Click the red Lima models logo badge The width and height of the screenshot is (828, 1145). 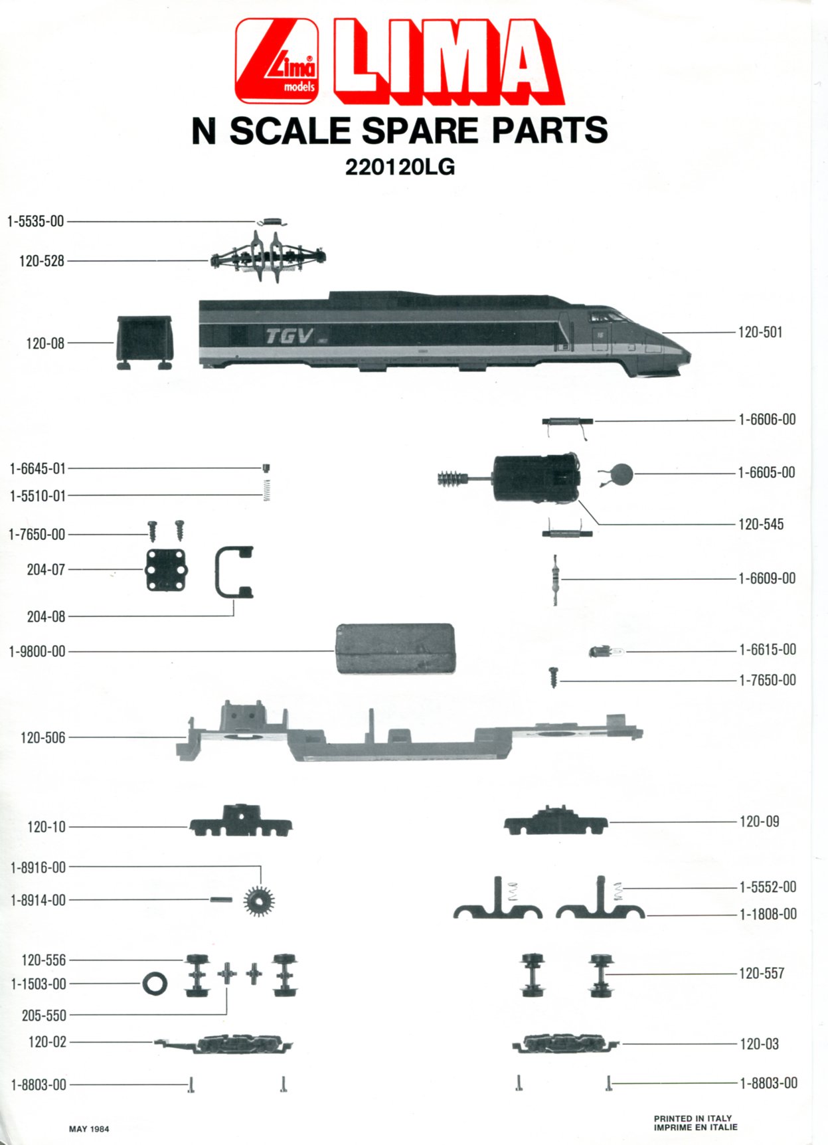tap(277, 61)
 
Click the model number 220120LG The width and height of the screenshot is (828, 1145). tap(400, 167)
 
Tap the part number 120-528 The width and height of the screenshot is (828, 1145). tap(42, 261)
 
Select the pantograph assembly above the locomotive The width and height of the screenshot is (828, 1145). tap(268, 256)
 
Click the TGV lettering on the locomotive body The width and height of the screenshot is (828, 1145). tap(290, 336)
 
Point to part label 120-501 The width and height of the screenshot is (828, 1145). tap(760, 332)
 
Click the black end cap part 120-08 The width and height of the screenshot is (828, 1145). tap(145, 342)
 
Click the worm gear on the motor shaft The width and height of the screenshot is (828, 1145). tap(450, 478)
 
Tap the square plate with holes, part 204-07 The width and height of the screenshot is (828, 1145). tap(166, 570)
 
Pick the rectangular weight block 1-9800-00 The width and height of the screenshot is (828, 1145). tap(396, 648)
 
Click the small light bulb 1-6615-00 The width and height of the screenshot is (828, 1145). tap(606, 652)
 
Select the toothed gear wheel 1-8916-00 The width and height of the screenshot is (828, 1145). tap(259, 901)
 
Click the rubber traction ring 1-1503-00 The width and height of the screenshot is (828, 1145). tap(155, 984)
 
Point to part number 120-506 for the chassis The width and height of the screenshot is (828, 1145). tap(43, 738)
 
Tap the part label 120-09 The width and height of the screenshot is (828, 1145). tap(760, 822)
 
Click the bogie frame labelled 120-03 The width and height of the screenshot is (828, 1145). tap(565, 1043)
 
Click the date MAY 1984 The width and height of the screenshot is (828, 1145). tap(89, 1129)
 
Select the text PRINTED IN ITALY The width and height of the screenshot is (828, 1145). tap(693, 1118)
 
